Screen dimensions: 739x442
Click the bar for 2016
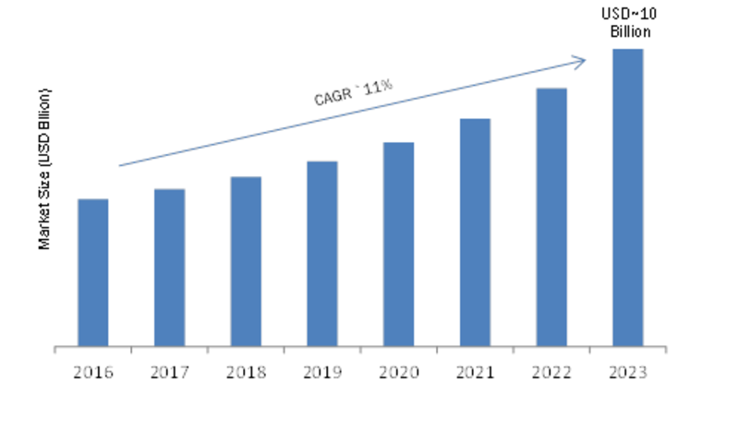[x=93, y=272]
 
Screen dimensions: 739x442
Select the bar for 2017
[x=169, y=268]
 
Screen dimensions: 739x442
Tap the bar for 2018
[x=246, y=262]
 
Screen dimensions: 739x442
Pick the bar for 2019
[x=322, y=254]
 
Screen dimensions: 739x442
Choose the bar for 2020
[x=399, y=245]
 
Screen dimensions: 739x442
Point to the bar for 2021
[x=475, y=233]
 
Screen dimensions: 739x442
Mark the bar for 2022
[x=551, y=218]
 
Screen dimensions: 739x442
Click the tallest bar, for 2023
[x=628, y=197]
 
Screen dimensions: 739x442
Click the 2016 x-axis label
[x=93, y=373]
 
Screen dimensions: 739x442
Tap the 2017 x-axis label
[x=170, y=373]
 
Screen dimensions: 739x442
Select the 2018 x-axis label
[x=246, y=373]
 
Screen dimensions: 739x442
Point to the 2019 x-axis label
[x=322, y=373]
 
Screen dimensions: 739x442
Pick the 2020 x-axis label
[x=399, y=373]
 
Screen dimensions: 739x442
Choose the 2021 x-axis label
[x=475, y=373]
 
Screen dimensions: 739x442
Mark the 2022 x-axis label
[x=551, y=373]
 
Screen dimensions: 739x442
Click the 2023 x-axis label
[x=628, y=373]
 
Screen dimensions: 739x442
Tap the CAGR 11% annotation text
[x=353, y=92]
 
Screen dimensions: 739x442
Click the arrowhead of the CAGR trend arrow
[x=585, y=60]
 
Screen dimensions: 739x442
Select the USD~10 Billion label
[x=629, y=22]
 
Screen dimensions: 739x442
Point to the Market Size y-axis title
[x=44, y=169]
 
